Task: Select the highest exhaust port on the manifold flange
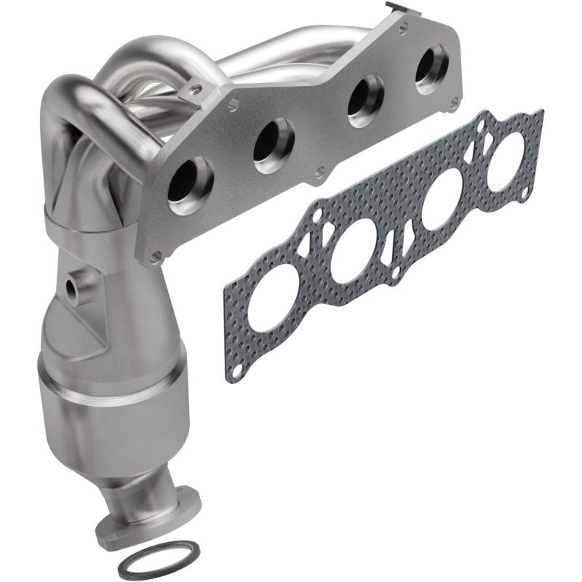(432, 68)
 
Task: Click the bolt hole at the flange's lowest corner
(155, 255)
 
